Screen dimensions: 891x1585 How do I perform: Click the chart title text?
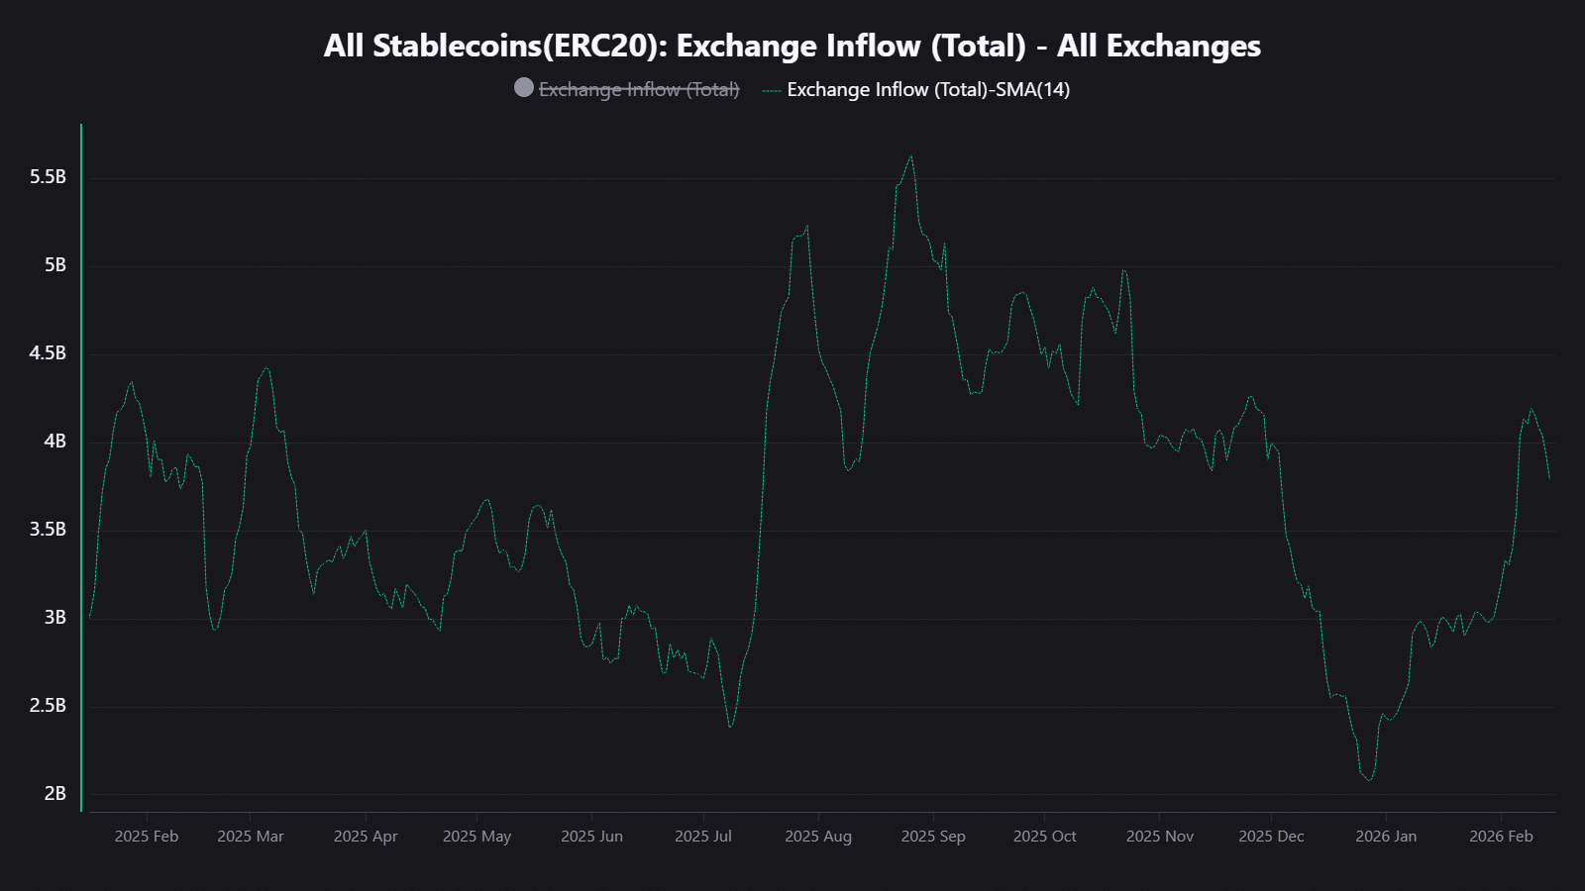pyautogui.click(x=792, y=47)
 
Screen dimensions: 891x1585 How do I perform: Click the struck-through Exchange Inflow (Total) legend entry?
pyautogui.click(x=639, y=89)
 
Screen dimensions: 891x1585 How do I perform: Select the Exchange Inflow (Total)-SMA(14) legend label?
pyautogui.click(x=928, y=89)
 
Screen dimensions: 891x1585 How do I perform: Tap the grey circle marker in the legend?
pyautogui.click(x=524, y=88)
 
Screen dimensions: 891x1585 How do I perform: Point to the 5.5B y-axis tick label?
pyautogui.click(x=48, y=177)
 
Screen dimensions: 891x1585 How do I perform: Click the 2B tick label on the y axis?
pyautogui.click(x=54, y=793)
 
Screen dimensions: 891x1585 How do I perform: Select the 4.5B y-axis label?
pyautogui.click(x=48, y=353)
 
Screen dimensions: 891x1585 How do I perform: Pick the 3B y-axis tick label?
pyautogui.click(x=54, y=617)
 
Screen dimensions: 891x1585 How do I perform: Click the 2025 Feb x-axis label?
pyautogui.click(x=147, y=837)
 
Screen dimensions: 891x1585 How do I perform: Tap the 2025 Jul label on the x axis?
pyautogui.click(x=703, y=837)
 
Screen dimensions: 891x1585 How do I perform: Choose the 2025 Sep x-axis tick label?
pyautogui.click(x=933, y=837)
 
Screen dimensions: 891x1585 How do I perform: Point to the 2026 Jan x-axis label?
pyautogui.click(x=1386, y=837)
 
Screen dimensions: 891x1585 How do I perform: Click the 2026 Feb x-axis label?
pyautogui.click(x=1501, y=837)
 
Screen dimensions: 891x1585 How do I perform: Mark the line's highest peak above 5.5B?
pyautogui.click(x=911, y=155)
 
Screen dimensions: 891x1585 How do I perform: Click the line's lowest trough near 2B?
pyautogui.click(x=1370, y=780)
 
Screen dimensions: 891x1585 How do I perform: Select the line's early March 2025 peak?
pyautogui.click(x=265, y=368)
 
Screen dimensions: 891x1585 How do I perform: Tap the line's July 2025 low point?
pyautogui.click(x=730, y=727)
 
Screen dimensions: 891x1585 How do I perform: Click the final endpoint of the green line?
pyautogui.click(x=1549, y=479)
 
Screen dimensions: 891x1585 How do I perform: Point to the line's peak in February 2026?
pyautogui.click(x=1532, y=409)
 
